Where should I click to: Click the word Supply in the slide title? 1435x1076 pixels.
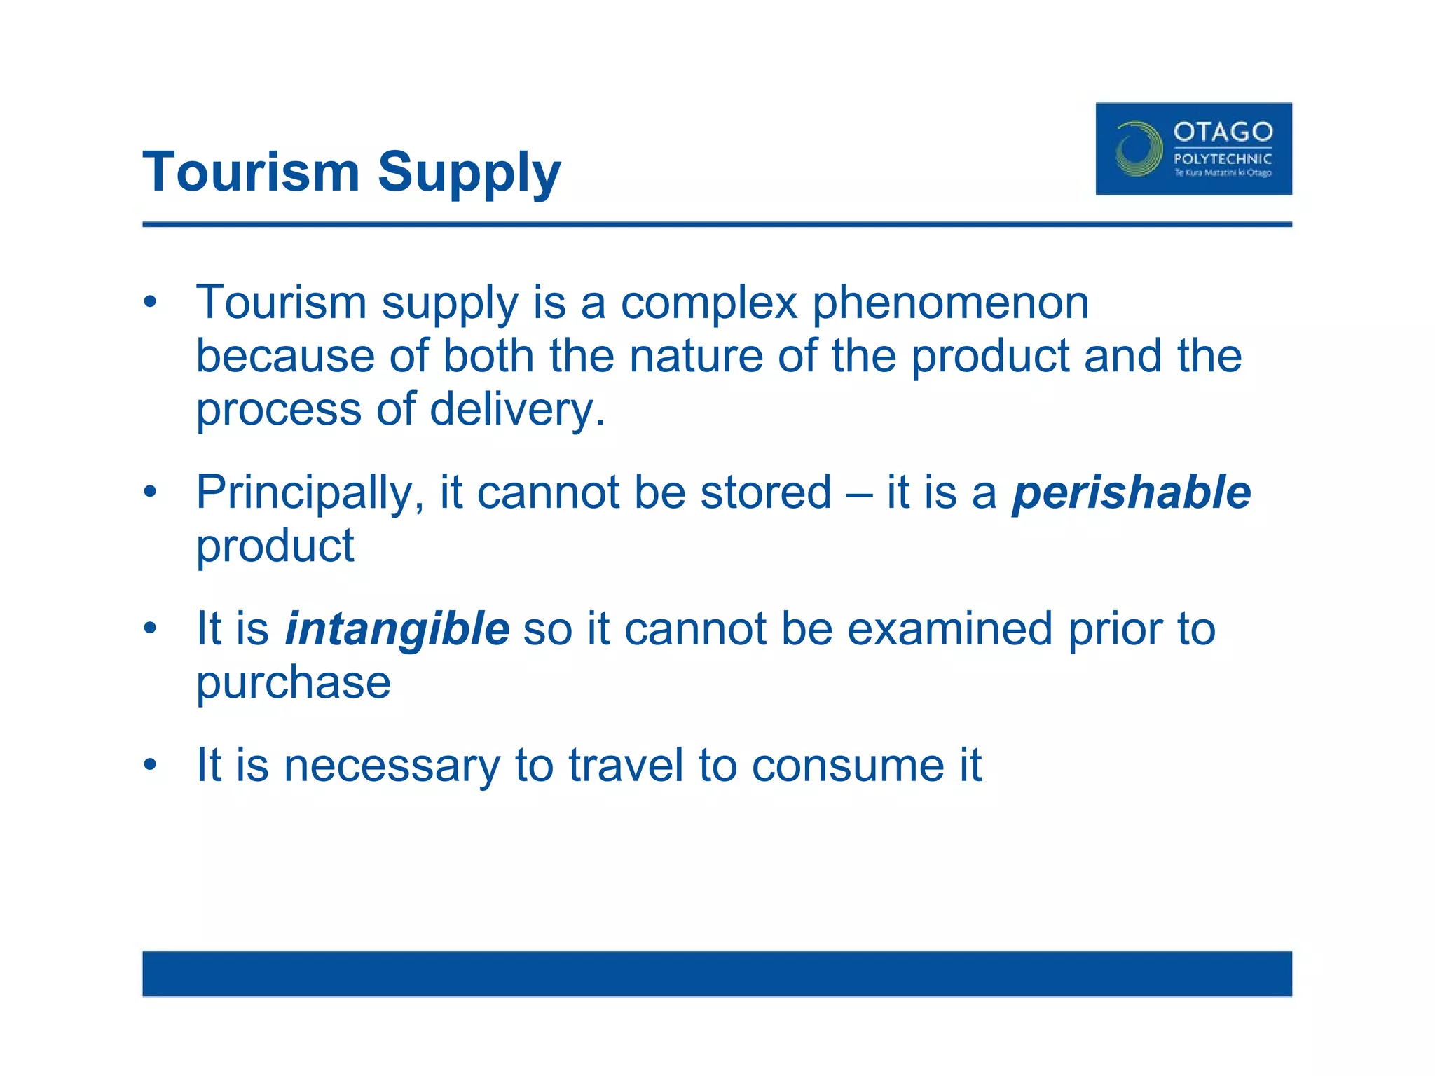[469, 173]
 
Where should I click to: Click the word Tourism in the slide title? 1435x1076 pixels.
[251, 172]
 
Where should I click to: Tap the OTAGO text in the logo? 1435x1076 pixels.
[1223, 132]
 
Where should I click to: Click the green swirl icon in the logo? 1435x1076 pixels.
[1138, 149]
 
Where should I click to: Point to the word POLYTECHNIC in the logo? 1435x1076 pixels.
[1223, 159]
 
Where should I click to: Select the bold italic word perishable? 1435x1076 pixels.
[1131, 492]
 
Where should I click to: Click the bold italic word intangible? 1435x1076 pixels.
[397, 628]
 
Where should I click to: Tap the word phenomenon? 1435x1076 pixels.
[950, 303]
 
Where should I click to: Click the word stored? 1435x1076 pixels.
[766, 492]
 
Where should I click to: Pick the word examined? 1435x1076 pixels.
[949, 628]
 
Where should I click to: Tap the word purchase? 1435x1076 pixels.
[293, 683]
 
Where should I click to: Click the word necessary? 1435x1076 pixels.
[392, 765]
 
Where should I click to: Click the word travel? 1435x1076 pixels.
[625, 765]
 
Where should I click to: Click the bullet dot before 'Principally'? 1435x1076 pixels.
[150, 492]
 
